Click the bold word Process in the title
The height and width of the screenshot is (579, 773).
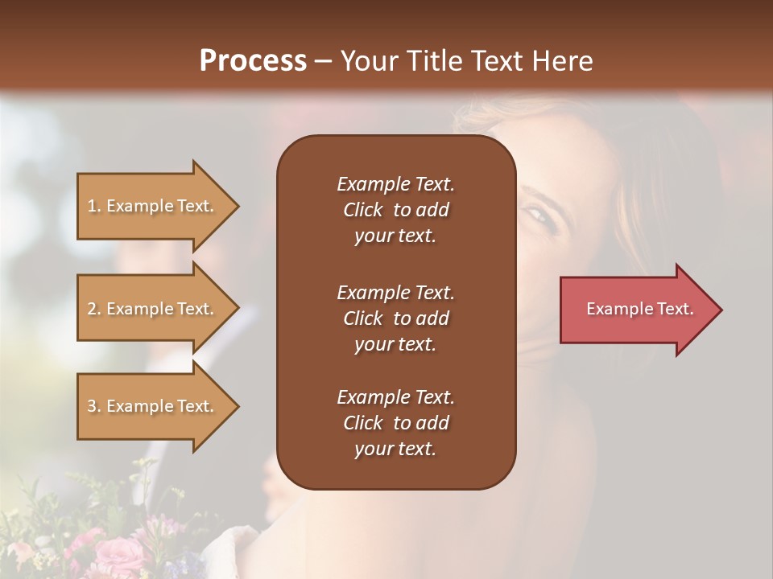253,61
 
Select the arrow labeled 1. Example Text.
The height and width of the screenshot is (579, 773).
153,206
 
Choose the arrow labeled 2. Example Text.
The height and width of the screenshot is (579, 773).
153,309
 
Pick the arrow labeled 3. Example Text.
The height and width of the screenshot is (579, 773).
153,406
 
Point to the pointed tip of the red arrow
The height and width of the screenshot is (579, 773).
720,310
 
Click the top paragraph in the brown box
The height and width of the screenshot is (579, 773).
395,210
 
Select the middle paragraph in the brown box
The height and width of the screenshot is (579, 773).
395,318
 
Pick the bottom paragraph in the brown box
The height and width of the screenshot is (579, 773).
395,423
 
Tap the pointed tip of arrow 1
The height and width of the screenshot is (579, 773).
238,206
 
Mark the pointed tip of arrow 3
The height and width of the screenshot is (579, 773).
238,406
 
